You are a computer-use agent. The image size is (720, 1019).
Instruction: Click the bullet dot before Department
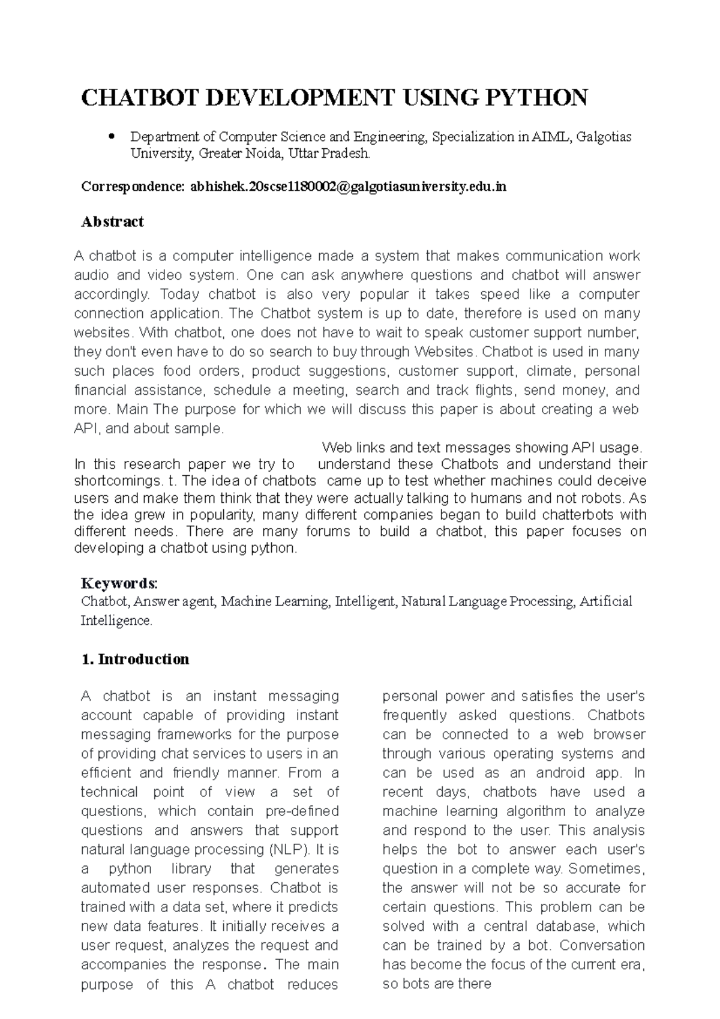coord(111,137)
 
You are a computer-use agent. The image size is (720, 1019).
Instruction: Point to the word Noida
coord(263,154)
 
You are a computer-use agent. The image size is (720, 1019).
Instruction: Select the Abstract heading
coord(112,221)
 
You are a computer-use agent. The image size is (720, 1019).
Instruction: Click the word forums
coord(328,531)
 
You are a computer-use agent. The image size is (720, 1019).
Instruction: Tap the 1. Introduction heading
coord(135,659)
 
